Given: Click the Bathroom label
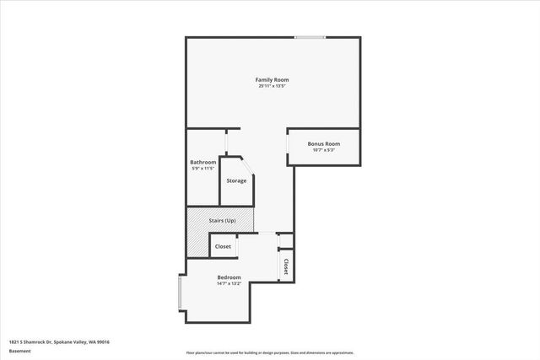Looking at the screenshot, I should (202, 162).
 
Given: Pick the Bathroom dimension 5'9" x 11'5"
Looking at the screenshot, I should (202, 169).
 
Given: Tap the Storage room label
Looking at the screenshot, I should (236, 180).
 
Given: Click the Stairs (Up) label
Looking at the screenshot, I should (222, 220).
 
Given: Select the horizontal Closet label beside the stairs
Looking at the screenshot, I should (223, 246).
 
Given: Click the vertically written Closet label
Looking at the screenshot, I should (286, 266).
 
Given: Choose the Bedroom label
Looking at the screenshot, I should (229, 277).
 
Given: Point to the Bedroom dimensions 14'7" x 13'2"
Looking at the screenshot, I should (229, 283).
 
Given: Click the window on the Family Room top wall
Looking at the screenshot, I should (310, 36).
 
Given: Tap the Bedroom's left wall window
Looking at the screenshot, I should (180, 293).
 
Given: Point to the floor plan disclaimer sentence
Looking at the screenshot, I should (270, 352).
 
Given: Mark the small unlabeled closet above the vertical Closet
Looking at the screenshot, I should (285, 240).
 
